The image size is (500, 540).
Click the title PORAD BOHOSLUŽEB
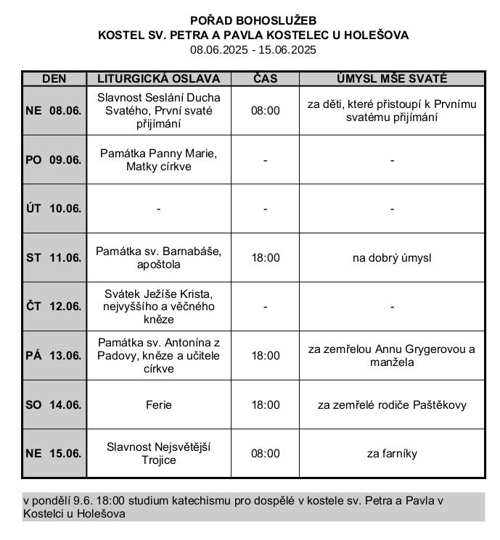tap(253, 20)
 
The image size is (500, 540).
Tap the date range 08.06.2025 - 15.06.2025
tap(253, 50)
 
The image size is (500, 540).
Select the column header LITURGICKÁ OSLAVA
tap(158, 78)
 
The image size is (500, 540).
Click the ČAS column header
tap(265, 78)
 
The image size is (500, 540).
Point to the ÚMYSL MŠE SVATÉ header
tap(392, 78)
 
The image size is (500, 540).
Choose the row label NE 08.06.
tap(54, 111)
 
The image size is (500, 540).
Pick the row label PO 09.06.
tap(54, 160)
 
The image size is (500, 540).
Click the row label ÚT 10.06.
tap(54, 209)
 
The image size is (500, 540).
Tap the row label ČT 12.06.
tap(54, 307)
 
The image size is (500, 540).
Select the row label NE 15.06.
tap(54, 454)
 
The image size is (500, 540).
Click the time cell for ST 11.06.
tap(265, 257)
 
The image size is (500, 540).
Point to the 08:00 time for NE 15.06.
tap(265, 454)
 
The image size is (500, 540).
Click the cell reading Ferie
tap(158, 404)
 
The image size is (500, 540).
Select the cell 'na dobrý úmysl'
tap(392, 257)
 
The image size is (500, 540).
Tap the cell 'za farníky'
tap(392, 454)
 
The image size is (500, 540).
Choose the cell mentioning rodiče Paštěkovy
tap(392, 404)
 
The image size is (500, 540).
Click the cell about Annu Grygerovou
tap(392, 355)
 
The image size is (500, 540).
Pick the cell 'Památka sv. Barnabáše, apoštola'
tap(158, 257)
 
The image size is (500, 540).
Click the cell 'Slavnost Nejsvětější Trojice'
tap(158, 454)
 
